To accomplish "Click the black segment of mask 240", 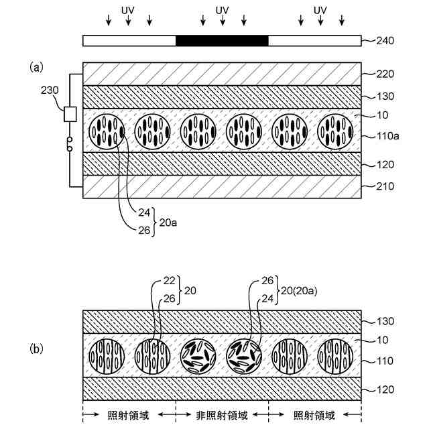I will pos(222,40).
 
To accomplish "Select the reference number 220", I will pos(383,74).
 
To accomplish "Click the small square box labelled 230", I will pos(69,115).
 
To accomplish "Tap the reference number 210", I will pos(383,186).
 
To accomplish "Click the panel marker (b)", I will pos(36,349).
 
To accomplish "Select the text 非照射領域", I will pos(222,416).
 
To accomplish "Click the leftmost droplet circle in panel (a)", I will pos(107,131).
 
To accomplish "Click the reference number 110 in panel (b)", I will pos(383,361).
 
